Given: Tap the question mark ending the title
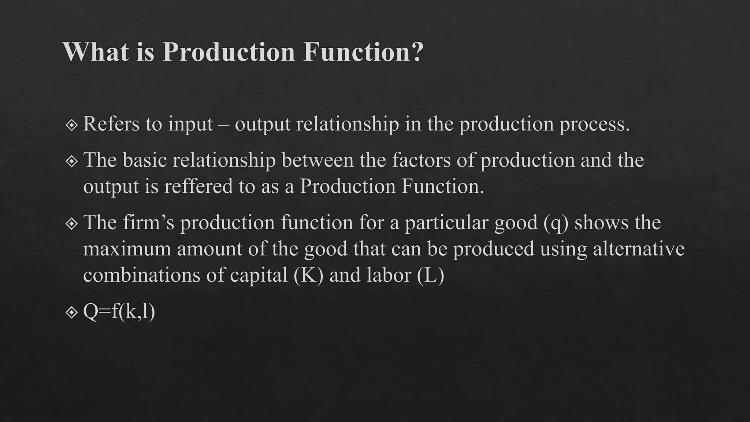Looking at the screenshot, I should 416,51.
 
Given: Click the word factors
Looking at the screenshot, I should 421,160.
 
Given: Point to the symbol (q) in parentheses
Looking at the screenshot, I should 556,223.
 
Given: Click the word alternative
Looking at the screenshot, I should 639,249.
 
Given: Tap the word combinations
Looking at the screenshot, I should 141,275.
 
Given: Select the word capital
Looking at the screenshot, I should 259,275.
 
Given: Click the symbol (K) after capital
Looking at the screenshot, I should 308,275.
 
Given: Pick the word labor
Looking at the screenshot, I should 389,275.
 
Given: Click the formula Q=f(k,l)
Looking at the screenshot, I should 119,312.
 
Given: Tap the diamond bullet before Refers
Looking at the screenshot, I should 71,125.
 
